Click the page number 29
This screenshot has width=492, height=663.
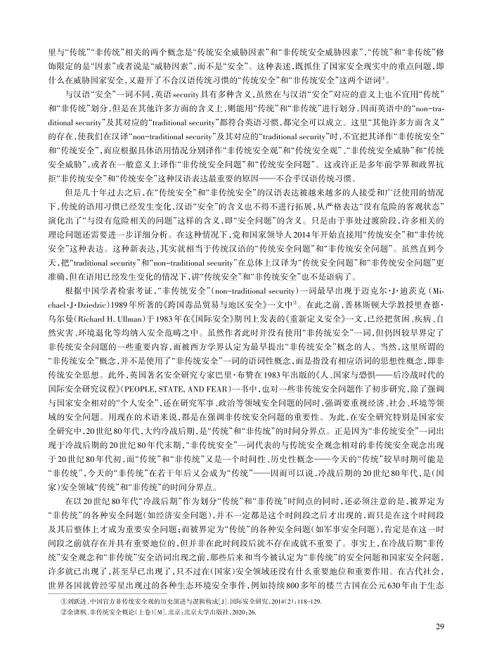tap(439, 627)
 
